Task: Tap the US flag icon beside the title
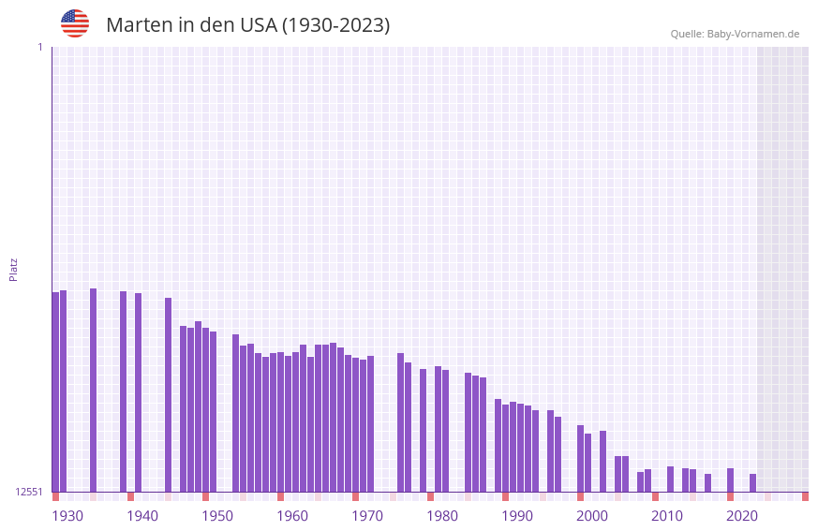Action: click(x=75, y=23)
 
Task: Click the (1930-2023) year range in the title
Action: click(x=335, y=25)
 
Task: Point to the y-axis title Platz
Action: click(x=13, y=269)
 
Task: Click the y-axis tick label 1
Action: click(x=39, y=47)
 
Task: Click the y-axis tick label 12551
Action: click(x=29, y=492)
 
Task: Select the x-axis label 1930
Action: click(x=67, y=516)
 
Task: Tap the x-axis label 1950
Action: click(x=217, y=516)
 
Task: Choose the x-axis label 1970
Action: click(x=367, y=516)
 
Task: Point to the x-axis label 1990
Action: click(x=517, y=516)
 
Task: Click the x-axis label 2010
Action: click(x=667, y=516)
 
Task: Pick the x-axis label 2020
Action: click(x=742, y=516)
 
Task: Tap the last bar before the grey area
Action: click(x=752, y=482)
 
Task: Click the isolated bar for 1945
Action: click(x=168, y=394)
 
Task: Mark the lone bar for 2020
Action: click(x=730, y=479)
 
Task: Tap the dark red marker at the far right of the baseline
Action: click(x=805, y=496)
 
